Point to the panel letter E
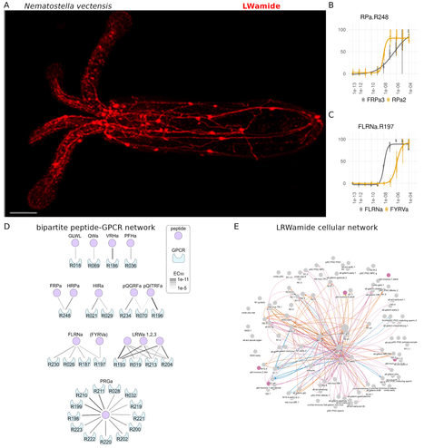(x=238, y=226)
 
